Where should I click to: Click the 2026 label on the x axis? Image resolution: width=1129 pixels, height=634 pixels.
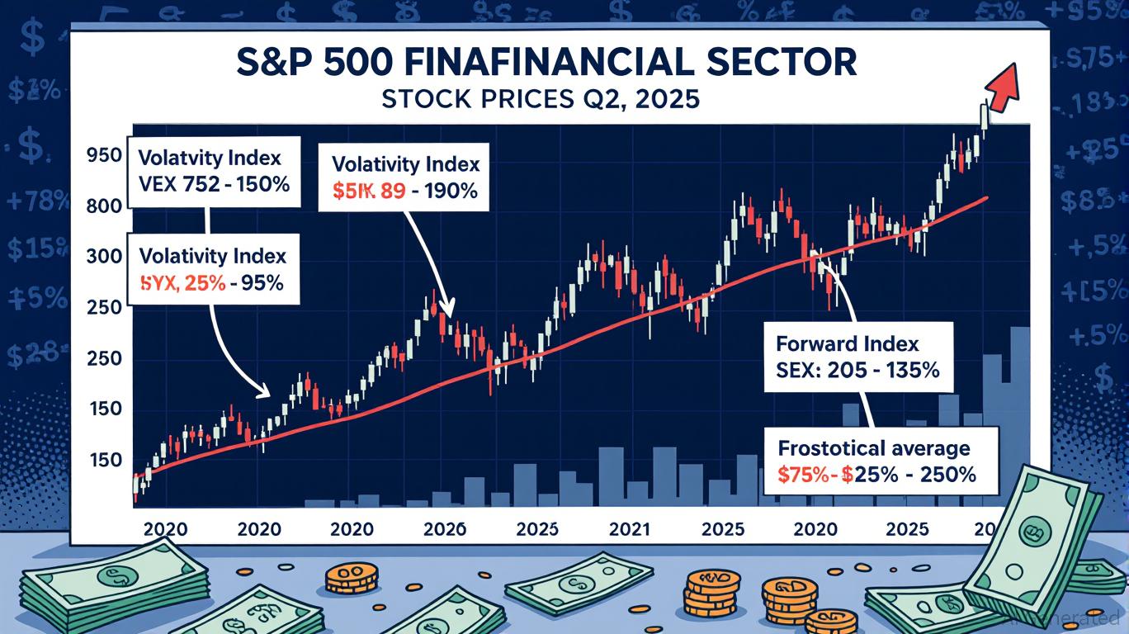click(444, 529)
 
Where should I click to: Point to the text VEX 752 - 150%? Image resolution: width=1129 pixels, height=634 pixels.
click(214, 184)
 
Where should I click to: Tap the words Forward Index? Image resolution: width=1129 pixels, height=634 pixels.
click(847, 343)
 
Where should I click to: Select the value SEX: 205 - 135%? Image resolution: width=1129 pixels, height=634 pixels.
click(857, 371)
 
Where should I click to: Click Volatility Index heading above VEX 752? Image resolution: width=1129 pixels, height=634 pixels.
click(210, 157)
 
